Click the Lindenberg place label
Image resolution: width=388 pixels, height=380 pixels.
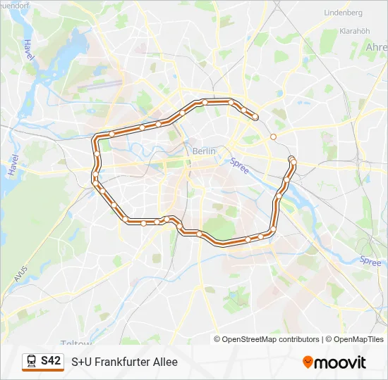342,13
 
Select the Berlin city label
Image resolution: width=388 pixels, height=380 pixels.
204,151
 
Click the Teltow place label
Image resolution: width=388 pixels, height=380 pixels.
78,343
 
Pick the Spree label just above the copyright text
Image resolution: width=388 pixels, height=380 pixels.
370,260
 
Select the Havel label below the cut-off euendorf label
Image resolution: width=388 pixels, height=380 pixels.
28,49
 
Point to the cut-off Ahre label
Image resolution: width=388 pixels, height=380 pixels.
376,46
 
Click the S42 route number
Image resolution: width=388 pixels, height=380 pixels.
51,361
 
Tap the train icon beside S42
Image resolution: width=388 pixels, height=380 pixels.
32,362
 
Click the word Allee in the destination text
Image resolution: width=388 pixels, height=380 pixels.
163,362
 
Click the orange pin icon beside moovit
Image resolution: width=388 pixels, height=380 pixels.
308,362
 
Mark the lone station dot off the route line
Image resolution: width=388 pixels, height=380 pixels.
273,137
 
